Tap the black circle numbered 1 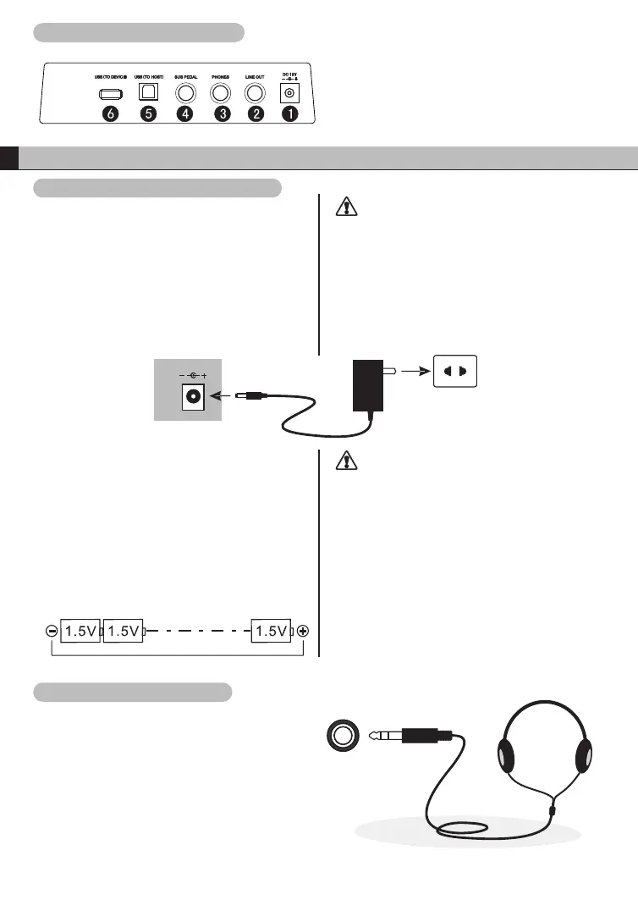coord(289,114)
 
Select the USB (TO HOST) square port coord(149,92)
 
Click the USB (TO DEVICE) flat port coord(111,92)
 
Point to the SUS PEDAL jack coord(185,92)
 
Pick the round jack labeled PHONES coord(222,92)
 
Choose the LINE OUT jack coord(256,92)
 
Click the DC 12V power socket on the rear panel coord(290,93)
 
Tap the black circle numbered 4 coord(185,114)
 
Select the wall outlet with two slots coord(454,371)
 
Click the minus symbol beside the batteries coord(52,631)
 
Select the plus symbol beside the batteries coord(303,631)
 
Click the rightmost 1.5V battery coord(272,631)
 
